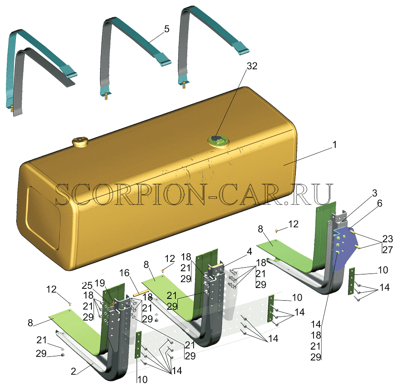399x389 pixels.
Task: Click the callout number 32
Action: coord(252,66)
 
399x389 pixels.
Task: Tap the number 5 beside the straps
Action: coord(166,29)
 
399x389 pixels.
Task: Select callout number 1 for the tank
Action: coord(335,145)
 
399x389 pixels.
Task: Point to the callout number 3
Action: coord(375,193)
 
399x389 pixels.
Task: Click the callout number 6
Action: coord(380,203)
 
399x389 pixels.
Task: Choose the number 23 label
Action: coord(388,239)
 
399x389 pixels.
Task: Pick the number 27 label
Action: coord(388,250)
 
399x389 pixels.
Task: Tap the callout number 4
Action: coord(250,251)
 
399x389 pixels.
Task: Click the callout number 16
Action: coord(124,273)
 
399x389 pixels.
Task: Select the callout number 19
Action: coord(100,283)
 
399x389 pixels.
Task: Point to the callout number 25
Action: coord(87,286)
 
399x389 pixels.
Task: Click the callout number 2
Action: coord(74,371)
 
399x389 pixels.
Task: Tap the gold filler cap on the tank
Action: coord(80,142)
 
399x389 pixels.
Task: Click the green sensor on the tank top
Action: coord(218,140)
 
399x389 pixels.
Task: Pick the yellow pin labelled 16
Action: coord(141,293)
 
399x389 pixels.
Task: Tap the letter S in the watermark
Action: coord(64,194)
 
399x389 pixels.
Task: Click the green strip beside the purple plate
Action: coord(351,281)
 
